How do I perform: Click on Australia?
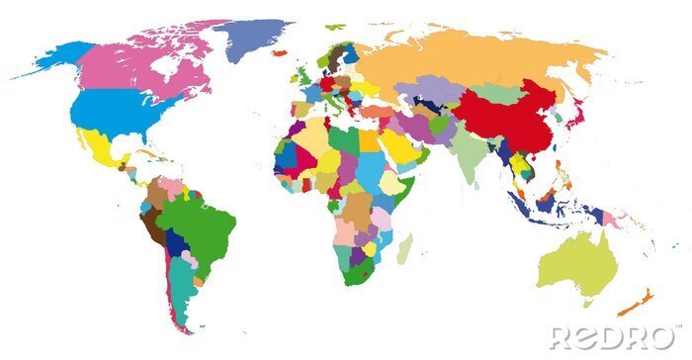pyautogui.click(x=578, y=262)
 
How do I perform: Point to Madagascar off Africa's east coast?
pyautogui.click(x=404, y=248)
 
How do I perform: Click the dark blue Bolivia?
pyautogui.click(x=177, y=243)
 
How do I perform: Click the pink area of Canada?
pyautogui.click(x=138, y=64)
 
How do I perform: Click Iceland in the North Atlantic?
pyautogui.click(x=280, y=49)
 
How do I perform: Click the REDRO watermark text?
pyautogui.click(x=614, y=336)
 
